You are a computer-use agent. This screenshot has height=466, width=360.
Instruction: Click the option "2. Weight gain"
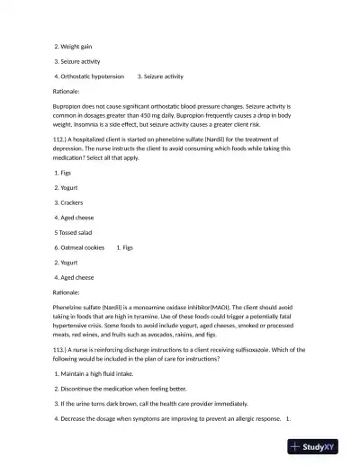click(74, 46)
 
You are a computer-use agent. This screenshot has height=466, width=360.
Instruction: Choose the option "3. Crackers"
click(74, 202)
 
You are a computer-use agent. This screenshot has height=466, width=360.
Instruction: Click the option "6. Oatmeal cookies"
click(79, 246)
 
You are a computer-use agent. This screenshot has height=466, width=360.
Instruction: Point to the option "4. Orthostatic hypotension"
click(89, 76)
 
